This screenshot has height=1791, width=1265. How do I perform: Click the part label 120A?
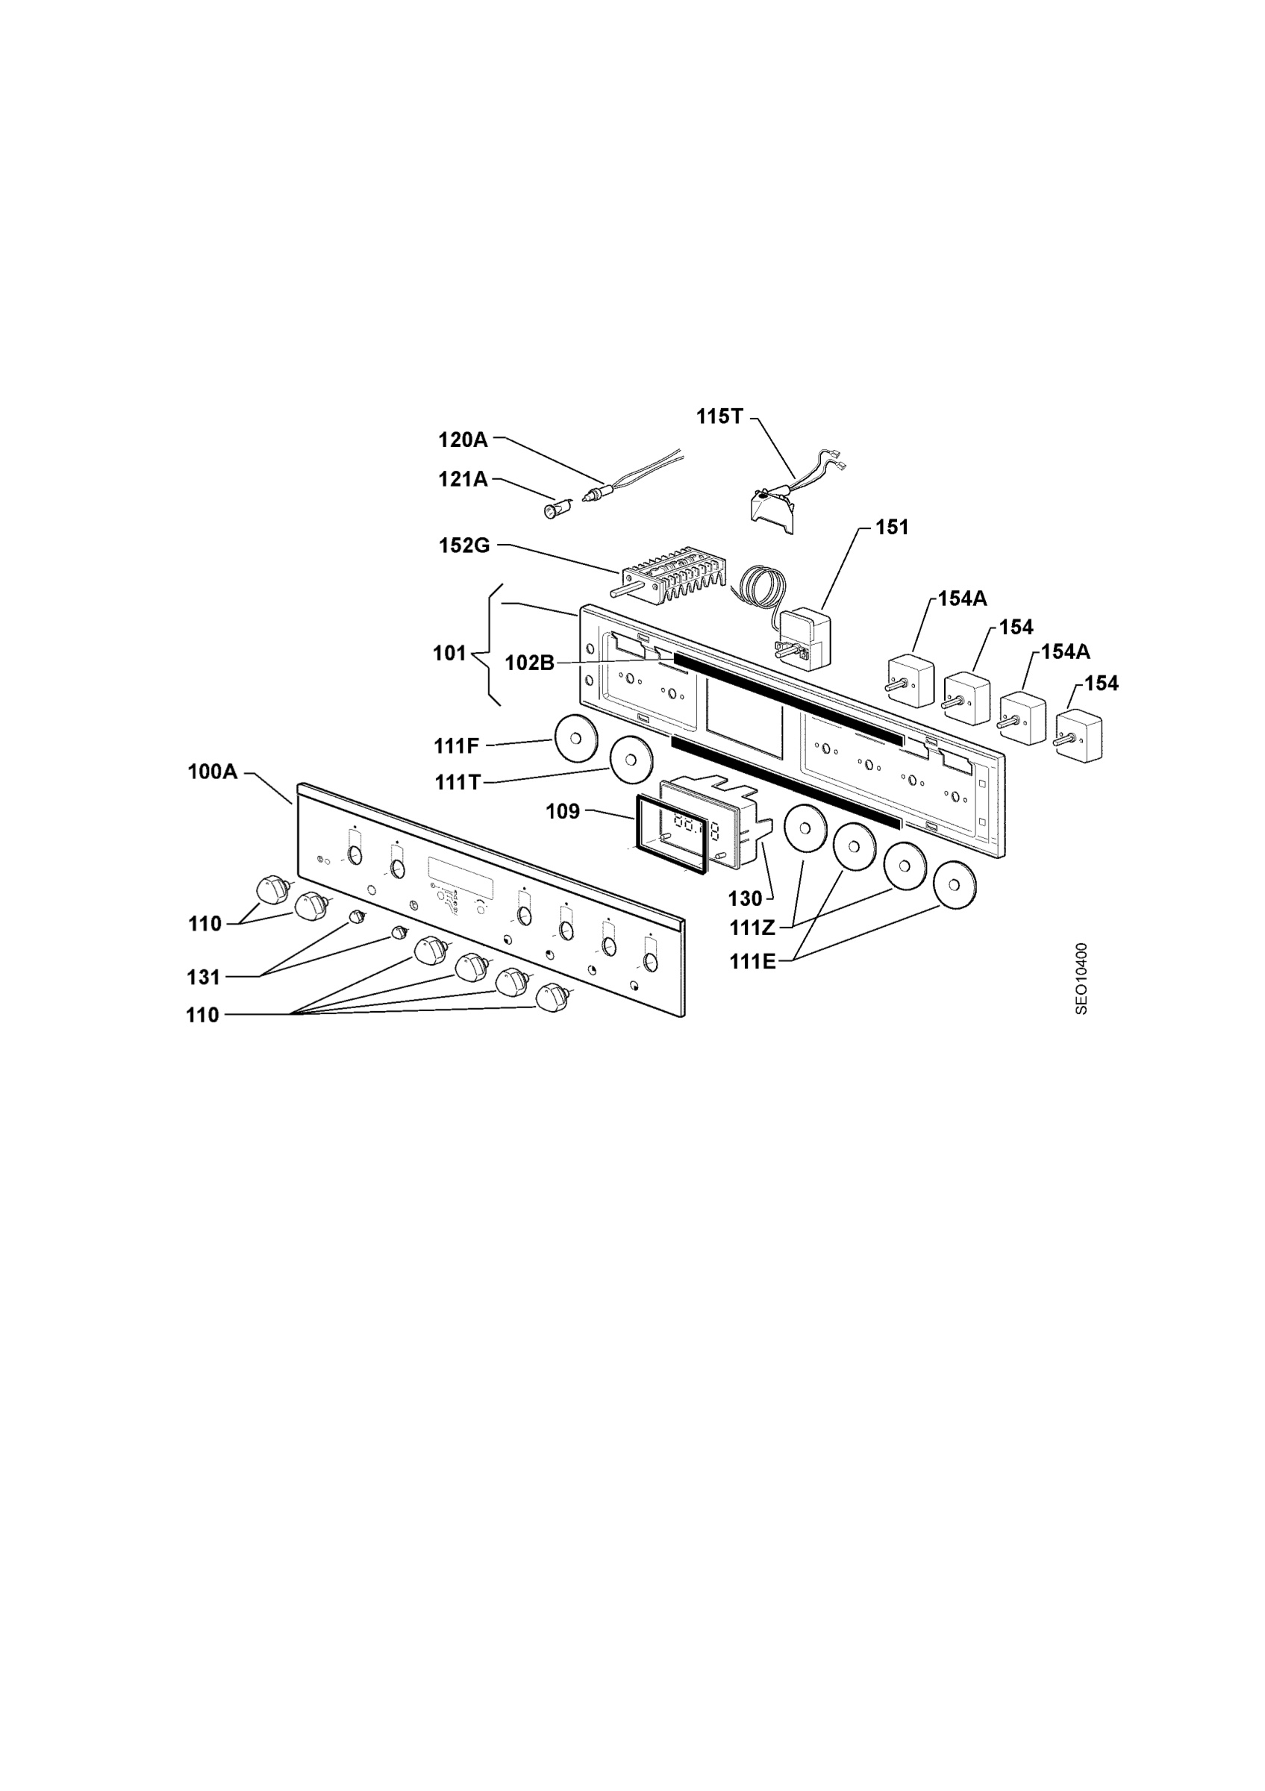tap(463, 441)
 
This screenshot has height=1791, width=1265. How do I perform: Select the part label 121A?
tap(463, 479)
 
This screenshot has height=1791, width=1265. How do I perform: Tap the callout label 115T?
tap(720, 416)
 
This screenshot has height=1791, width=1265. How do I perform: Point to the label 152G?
tap(464, 546)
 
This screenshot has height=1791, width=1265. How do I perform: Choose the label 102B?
tap(530, 663)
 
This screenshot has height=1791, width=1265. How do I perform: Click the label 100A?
tap(212, 772)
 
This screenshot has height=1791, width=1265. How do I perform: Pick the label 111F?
tap(456, 746)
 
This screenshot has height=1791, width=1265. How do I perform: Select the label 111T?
tap(457, 781)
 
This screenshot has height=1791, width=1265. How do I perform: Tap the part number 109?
tap(562, 811)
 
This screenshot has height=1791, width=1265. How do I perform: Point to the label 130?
tap(745, 898)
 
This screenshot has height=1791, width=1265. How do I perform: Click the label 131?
tap(204, 977)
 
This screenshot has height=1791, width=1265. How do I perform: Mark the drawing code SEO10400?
tap(1081, 979)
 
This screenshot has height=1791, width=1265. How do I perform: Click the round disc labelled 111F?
tap(575, 738)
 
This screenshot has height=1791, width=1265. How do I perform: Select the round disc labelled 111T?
tap(631, 760)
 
